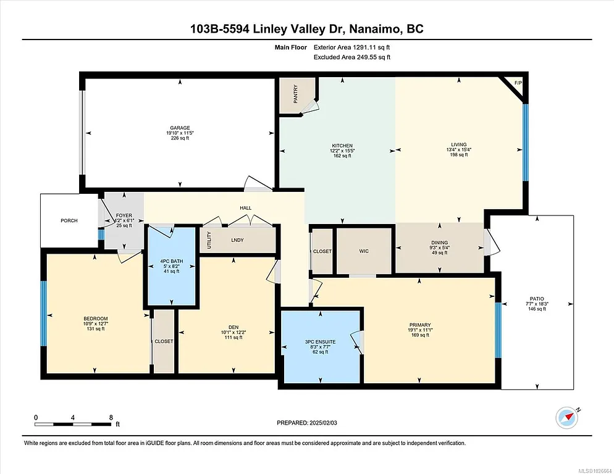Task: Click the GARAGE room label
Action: [x=180, y=128]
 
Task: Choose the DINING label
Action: [x=439, y=243]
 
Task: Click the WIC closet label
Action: [x=364, y=251]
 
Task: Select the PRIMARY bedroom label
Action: [x=419, y=325]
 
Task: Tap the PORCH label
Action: [x=69, y=220]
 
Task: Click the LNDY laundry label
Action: [x=238, y=240]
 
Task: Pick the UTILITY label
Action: [x=209, y=239]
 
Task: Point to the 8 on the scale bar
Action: [x=110, y=417]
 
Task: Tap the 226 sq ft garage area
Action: [x=180, y=138]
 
